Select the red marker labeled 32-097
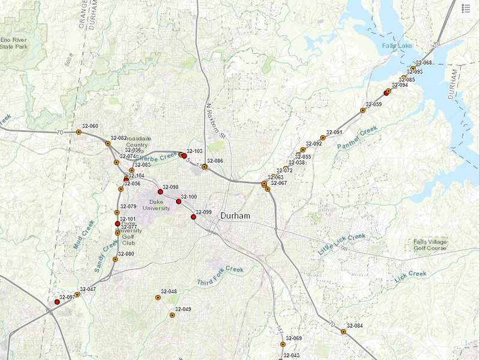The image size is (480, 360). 57,302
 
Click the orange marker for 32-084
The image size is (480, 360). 344,332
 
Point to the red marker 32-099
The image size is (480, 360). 193,217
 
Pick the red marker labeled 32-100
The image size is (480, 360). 179,202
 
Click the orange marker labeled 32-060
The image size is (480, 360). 79,132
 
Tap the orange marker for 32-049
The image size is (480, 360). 172,315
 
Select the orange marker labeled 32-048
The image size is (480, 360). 158,298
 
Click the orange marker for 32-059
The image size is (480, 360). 362,110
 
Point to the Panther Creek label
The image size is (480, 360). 357,138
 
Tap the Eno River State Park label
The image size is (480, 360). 14,42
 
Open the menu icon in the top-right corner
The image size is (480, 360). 466,8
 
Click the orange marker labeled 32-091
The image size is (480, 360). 323,138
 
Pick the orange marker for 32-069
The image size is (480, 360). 283,344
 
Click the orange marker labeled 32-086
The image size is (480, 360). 204,167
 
